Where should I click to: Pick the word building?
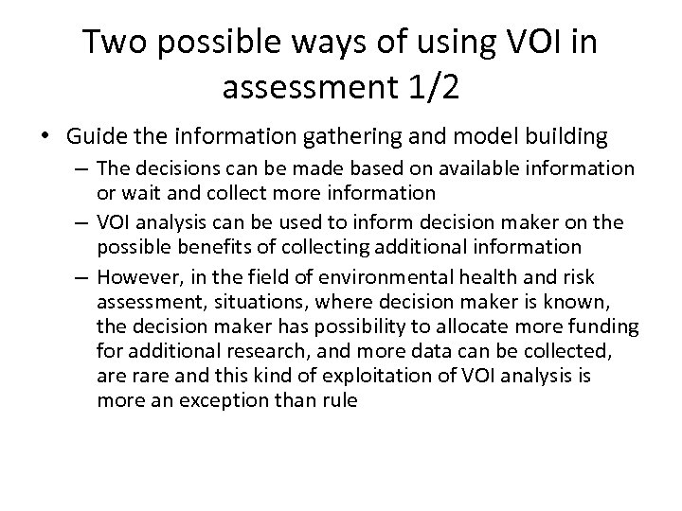pos(559,137)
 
